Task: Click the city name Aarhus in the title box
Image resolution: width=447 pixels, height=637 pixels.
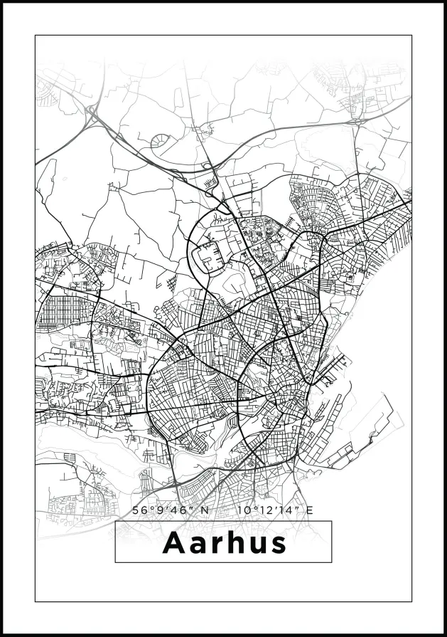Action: [x=224, y=543]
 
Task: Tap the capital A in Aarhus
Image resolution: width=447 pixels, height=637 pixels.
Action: [x=173, y=543]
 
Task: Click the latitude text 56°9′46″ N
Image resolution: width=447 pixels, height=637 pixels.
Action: [x=171, y=510]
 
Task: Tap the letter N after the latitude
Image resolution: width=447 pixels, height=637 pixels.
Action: [x=205, y=510]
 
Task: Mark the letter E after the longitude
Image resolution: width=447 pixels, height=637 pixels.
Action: [x=309, y=510]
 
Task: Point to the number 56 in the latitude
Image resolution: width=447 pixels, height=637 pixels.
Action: [x=139, y=510]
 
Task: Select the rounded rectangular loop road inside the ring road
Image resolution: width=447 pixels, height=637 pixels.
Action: [x=207, y=256]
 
